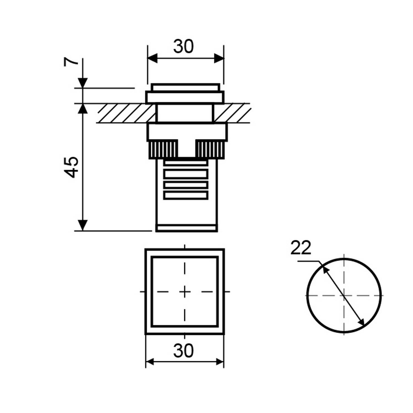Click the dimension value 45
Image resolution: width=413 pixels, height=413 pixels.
(71, 167)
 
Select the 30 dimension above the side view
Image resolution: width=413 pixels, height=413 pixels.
(183, 46)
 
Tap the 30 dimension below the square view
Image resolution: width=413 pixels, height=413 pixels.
(183, 351)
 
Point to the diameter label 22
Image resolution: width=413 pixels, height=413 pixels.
(301, 248)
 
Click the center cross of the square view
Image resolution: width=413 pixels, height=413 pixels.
(184, 291)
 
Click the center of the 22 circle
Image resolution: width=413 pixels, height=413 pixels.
(344, 296)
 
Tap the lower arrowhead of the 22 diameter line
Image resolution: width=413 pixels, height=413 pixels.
(362, 321)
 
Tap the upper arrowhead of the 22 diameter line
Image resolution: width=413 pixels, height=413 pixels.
(325, 268)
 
